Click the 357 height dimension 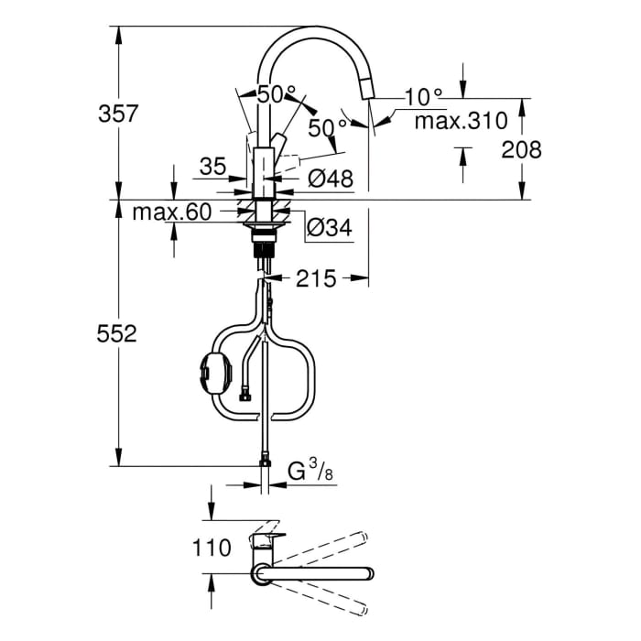(x=118, y=114)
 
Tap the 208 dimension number (x=521, y=149)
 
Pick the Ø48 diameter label (x=330, y=179)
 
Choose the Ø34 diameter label (x=329, y=228)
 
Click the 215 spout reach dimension (x=315, y=277)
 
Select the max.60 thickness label (x=172, y=213)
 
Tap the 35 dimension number (x=212, y=167)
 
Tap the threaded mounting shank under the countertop (x=265, y=244)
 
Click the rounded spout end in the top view (x=369, y=574)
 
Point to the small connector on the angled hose (x=244, y=396)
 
